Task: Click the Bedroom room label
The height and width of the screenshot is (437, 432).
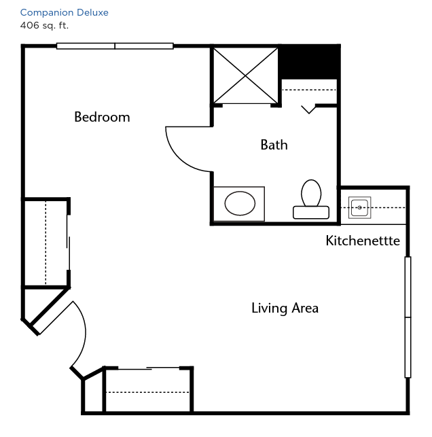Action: click(x=102, y=117)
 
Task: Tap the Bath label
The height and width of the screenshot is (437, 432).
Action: click(x=274, y=145)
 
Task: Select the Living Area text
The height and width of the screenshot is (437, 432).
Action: click(x=285, y=309)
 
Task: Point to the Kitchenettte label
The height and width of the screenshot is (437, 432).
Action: click(x=363, y=241)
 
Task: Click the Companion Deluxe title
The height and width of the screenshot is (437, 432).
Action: click(x=65, y=12)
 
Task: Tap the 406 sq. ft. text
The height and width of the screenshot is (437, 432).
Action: click(x=44, y=26)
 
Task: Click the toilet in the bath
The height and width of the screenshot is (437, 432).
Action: click(x=311, y=199)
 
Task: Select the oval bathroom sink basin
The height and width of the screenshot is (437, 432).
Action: click(x=240, y=203)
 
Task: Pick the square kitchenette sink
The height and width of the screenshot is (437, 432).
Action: click(x=359, y=208)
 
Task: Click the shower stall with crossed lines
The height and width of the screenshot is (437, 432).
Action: click(x=245, y=75)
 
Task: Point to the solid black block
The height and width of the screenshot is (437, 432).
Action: click(x=309, y=62)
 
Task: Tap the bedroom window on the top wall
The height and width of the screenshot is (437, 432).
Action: click(x=115, y=46)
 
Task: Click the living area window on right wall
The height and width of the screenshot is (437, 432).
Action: click(x=408, y=317)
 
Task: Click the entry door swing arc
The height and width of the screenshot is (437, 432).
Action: click(x=83, y=334)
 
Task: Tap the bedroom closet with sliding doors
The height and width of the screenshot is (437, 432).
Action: click(x=46, y=243)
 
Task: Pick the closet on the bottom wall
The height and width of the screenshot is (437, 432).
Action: click(x=148, y=389)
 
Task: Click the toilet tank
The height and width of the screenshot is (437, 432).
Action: click(x=311, y=212)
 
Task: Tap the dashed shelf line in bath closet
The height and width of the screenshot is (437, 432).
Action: click(x=309, y=90)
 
